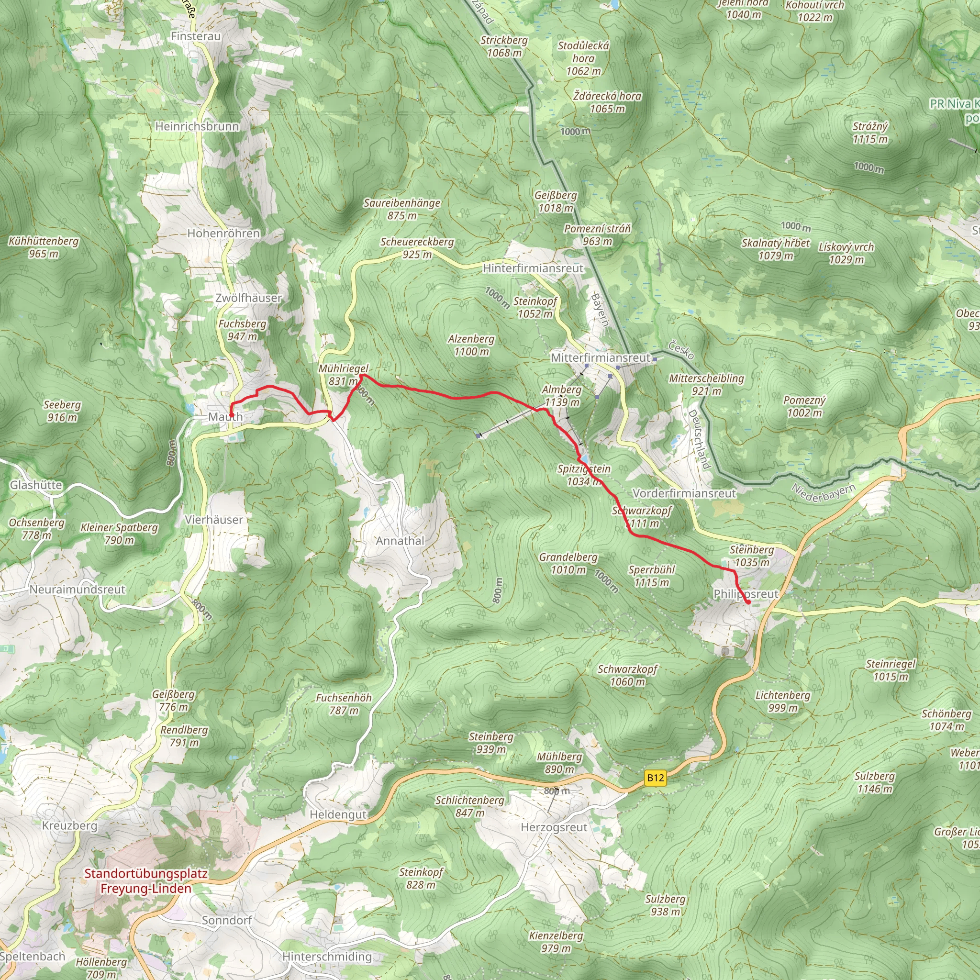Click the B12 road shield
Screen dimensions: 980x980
coord(656,778)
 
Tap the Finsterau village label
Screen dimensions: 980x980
coord(196,36)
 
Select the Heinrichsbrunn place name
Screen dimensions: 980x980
coord(197,126)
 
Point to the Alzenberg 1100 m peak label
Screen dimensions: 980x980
coord(471,345)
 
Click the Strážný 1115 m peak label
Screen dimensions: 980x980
coord(870,133)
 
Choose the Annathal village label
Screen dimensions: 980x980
coord(400,541)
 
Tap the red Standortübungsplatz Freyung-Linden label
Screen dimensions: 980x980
coord(145,881)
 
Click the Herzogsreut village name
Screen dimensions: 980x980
coord(554,827)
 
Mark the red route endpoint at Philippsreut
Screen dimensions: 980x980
coord(748,602)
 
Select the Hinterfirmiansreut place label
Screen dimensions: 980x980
coord(533,268)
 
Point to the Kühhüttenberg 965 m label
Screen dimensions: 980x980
coord(44,247)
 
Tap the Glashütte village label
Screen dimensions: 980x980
coord(36,485)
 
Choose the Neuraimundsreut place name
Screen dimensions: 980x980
coord(77,590)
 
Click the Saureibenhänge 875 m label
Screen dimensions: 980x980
coord(402,209)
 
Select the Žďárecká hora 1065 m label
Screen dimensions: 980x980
coord(607,102)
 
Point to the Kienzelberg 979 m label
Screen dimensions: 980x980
coord(556,942)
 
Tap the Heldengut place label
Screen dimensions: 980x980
coord(338,814)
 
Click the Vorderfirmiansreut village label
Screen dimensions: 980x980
coord(684,493)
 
